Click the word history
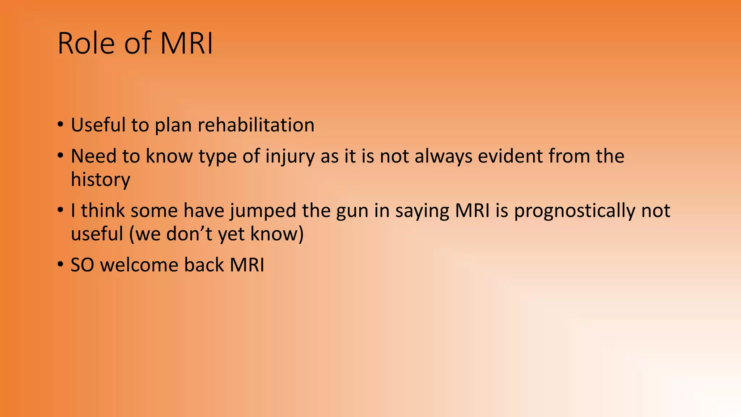point(100,180)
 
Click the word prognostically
point(575,211)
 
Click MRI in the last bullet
point(247,265)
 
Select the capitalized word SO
point(82,265)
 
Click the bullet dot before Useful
point(60,125)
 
